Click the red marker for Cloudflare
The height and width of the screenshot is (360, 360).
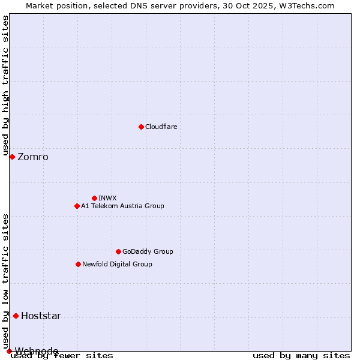[141, 127]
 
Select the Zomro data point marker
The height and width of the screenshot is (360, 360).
[12, 157]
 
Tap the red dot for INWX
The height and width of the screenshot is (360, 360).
[94, 198]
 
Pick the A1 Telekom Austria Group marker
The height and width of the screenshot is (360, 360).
[77, 206]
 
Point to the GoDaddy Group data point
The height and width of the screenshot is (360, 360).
[118, 251]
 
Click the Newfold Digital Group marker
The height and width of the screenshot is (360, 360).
[78, 264]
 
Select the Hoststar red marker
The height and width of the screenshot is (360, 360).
[16, 316]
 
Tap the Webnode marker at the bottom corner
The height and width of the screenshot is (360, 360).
[9, 351]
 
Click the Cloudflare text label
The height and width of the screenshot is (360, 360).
[161, 127]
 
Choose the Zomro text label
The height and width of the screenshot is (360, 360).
[33, 157]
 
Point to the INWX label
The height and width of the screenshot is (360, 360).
[107, 198]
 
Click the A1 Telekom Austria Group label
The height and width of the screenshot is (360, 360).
[122, 206]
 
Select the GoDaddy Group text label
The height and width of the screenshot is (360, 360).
[148, 251]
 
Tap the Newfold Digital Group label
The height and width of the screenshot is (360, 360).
[117, 264]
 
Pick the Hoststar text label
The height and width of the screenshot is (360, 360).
[41, 316]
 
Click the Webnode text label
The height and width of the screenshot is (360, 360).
[37, 351]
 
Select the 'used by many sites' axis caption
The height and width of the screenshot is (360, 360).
[301, 356]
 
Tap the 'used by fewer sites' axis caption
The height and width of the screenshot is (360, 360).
[62, 356]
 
